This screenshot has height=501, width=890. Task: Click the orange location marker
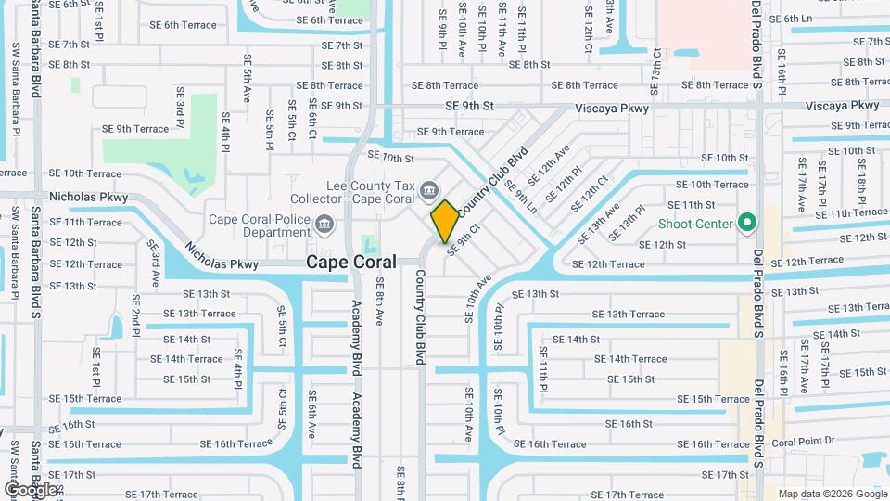(x=444, y=221)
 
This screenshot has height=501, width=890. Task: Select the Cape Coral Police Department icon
(x=324, y=223)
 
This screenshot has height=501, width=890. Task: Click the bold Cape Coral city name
(x=351, y=263)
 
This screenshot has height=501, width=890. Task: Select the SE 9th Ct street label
(x=464, y=238)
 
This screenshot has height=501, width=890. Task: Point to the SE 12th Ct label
(x=591, y=191)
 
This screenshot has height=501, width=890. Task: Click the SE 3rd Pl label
(x=180, y=107)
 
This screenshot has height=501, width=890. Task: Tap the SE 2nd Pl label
(x=135, y=315)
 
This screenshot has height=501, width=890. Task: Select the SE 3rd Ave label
(x=153, y=263)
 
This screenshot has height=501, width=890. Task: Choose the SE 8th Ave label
(x=379, y=307)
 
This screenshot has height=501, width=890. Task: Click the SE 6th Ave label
(x=311, y=414)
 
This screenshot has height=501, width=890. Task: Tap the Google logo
(x=31, y=489)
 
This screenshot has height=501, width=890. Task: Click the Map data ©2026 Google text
(x=833, y=494)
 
